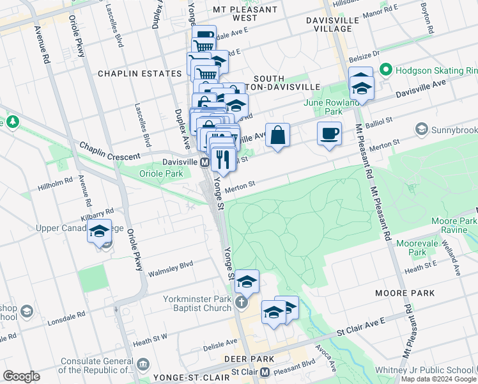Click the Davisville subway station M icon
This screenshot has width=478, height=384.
[x=204, y=163]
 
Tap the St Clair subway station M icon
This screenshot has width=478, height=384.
[x=265, y=372]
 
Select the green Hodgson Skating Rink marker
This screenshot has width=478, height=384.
[x=385, y=70]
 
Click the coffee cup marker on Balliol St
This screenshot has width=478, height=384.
[x=329, y=134]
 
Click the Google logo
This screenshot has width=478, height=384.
[x=22, y=376]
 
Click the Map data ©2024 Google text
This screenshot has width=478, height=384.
[x=438, y=379]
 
